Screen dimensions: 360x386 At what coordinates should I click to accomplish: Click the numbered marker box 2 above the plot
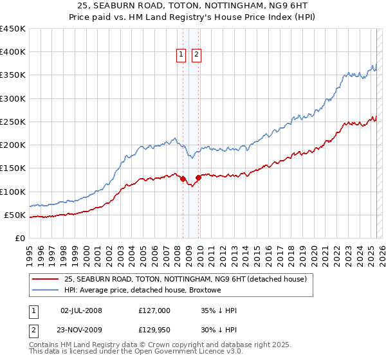click(196, 55)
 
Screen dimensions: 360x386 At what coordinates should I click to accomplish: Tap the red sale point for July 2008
click(183, 179)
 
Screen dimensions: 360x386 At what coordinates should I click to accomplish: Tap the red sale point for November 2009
click(199, 177)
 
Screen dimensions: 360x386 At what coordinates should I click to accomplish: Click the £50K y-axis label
click(15, 215)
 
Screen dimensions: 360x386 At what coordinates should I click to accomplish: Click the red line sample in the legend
click(46, 279)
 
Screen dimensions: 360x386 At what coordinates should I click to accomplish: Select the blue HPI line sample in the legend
click(46, 291)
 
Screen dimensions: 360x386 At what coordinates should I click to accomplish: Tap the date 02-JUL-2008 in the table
click(80, 310)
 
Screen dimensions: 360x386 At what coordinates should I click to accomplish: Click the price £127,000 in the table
click(154, 310)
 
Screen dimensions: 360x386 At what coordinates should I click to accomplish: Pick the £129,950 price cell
click(154, 330)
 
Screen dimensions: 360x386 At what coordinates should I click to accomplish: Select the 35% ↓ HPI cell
click(219, 310)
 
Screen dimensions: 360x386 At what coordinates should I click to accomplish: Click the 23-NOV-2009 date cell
click(81, 330)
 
